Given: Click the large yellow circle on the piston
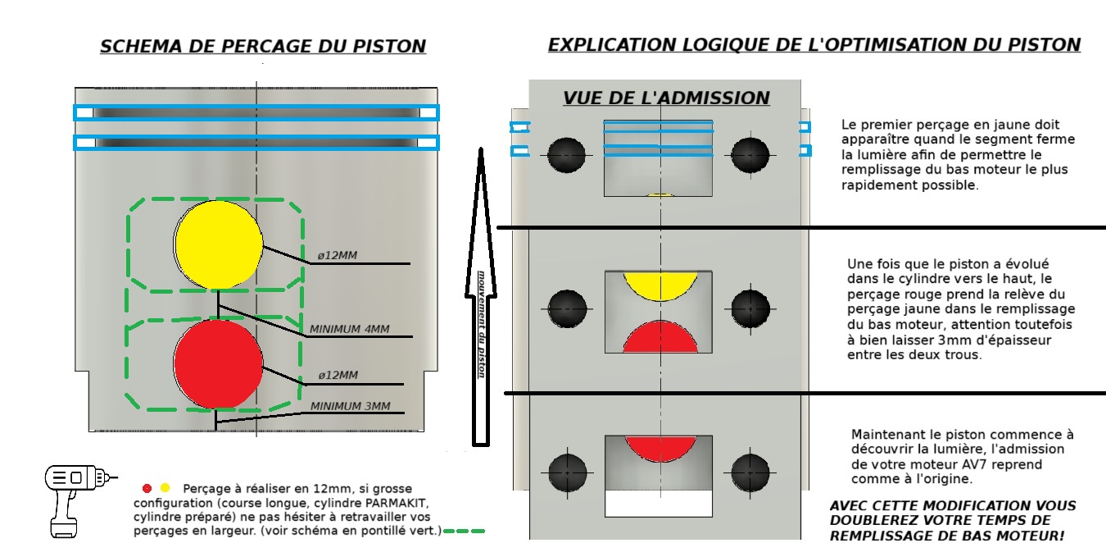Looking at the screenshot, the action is [218, 244].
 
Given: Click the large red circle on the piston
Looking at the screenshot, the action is [218, 364].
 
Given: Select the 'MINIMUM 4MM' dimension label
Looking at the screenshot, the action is [349, 329].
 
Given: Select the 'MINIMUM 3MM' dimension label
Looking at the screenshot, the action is [350, 406].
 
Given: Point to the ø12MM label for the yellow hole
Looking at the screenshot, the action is [338, 255].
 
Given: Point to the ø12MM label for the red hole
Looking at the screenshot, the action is [338, 375].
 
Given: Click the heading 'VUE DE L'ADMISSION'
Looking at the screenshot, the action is [666, 98].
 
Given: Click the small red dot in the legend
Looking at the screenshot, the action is [147, 489].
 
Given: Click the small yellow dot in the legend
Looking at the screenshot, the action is [165, 487].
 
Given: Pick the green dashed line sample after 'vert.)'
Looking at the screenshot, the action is [465, 532].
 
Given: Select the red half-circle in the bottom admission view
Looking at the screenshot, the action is [660, 447].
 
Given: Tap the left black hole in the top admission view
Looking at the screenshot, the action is [566, 155].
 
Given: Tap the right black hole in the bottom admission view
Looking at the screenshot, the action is [750, 472].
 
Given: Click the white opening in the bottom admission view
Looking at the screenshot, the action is [659, 504].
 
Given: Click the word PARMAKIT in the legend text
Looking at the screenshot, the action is [397, 503].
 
